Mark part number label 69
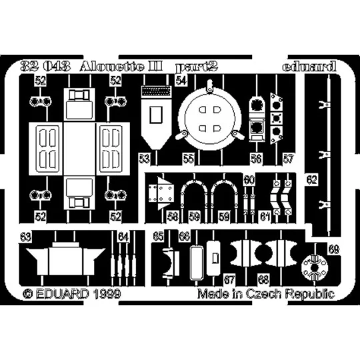pos(333,249)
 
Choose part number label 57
pos(287,159)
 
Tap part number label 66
pos(185,236)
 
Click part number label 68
pos(264,278)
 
